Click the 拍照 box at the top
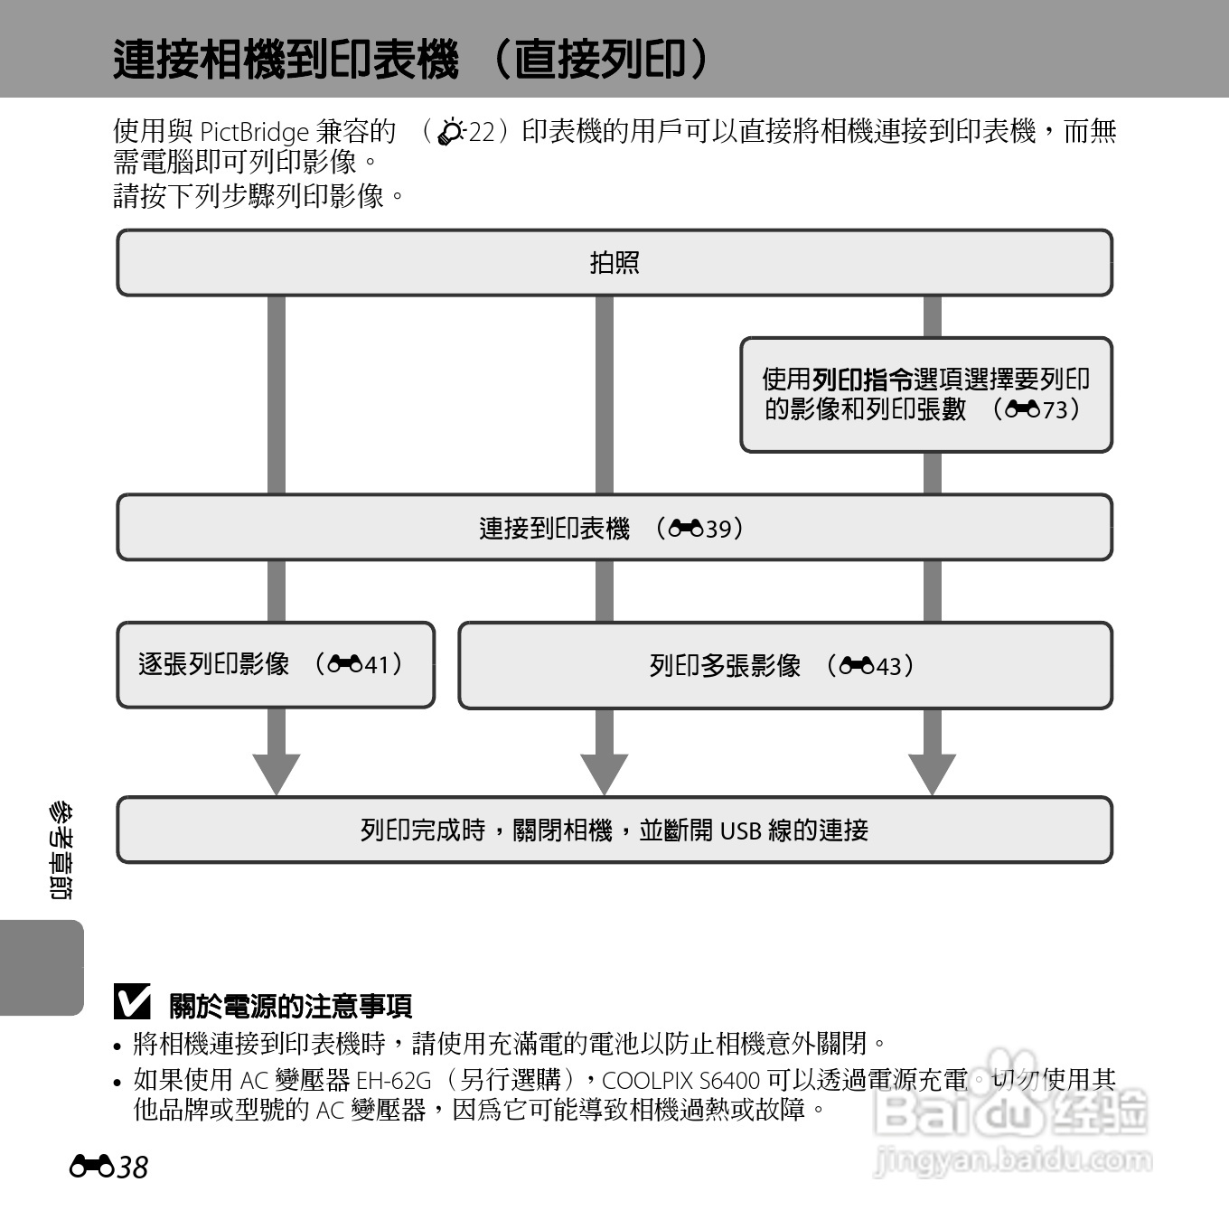[x=614, y=263]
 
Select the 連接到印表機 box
[x=614, y=528]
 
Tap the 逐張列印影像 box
[x=276, y=665]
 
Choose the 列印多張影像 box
[x=784, y=666]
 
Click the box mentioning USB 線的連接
[x=614, y=830]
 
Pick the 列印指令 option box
[x=926, y=395]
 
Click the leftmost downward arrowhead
[x=276, y=773]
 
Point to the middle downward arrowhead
[x=604, y=773]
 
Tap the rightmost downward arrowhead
[x=932, y=773]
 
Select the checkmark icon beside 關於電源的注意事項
[x=133, y=1002]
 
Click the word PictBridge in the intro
[x=254, y=133]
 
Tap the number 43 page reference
[x=888, y=666]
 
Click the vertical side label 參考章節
[x=60, y=849]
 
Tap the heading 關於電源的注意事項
[x=291, y=1006]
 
